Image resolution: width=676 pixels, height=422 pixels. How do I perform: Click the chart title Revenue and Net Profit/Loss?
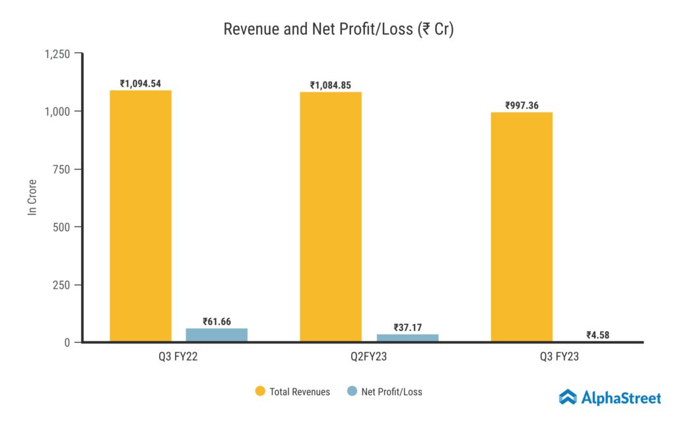tap(338, 30)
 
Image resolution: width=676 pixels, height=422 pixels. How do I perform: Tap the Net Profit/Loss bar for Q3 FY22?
tap(217, 335)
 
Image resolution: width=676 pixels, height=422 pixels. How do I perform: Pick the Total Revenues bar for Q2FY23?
tap(331, 217)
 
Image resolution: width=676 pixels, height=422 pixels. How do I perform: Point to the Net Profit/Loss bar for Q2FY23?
tap(407, 338)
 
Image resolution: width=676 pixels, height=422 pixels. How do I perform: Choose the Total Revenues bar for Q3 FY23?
tap(522, 227)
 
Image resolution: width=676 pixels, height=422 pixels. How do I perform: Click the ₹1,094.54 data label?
tap(141, 84)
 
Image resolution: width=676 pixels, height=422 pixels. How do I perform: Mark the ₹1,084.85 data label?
tap(331, 86)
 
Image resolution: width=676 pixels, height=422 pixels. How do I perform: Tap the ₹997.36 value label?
tap(522, 105)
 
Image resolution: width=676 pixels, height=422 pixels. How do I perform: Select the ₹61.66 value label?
tap(217, 322)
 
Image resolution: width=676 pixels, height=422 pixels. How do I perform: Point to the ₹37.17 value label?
tap(407, 328)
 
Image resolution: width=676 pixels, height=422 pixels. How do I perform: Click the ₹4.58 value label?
tap(597, 335)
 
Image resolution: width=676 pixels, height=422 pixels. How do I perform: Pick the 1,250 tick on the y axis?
tap(57, 53)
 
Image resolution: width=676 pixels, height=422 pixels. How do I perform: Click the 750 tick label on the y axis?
tap(61, 169)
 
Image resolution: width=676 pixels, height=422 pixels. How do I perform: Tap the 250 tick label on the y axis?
tap(61, 285)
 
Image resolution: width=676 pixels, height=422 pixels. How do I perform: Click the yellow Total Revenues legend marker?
tap(259, 392)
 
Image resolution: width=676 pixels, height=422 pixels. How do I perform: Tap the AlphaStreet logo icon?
tap(568, 397)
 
